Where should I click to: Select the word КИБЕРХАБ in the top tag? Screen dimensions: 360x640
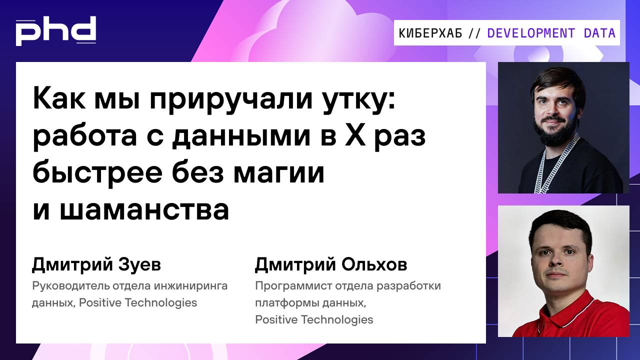[430, 33]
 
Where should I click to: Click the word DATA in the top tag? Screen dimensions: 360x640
[599, 33]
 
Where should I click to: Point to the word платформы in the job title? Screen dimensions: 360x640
[282, 303]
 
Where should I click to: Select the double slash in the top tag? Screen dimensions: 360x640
[474, 33]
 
